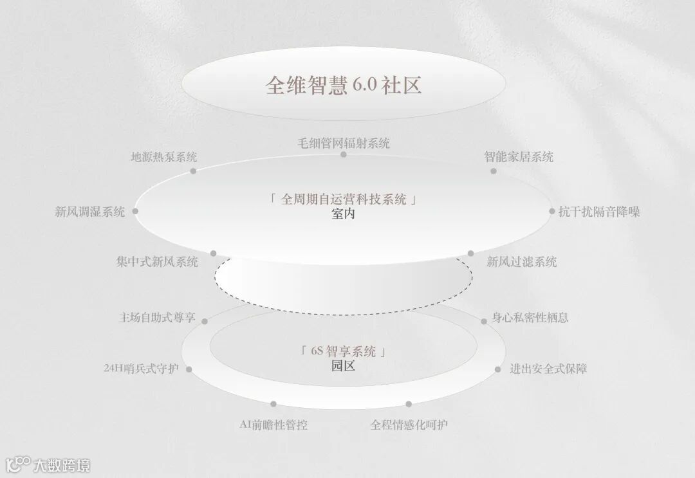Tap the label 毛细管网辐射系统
click(x=344, y=143)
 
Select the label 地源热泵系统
click(x=164, y=157)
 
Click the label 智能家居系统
click(x=519, y=157)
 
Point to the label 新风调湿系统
click(x=90, y=212)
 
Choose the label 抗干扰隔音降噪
click(x=599, y=212)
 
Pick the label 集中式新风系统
click(x=157, y=262)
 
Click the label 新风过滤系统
click(x=522, y=262)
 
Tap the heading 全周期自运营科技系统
click(x=344, y=199)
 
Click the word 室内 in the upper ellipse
click(x=344, y=214)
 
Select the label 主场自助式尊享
click(x=157, y=318)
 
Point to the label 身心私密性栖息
click(x=530, y=318)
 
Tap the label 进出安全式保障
click(x=548, y=369)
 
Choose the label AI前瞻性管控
click(x=273, y=425)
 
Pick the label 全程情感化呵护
click(x=409, y=425)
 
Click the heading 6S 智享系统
click(x=344, y=351)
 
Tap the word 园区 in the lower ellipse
click(x=344, y=366)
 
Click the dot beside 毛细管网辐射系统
click(x=344, y=154)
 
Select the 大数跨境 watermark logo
click(x=48, y=464)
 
